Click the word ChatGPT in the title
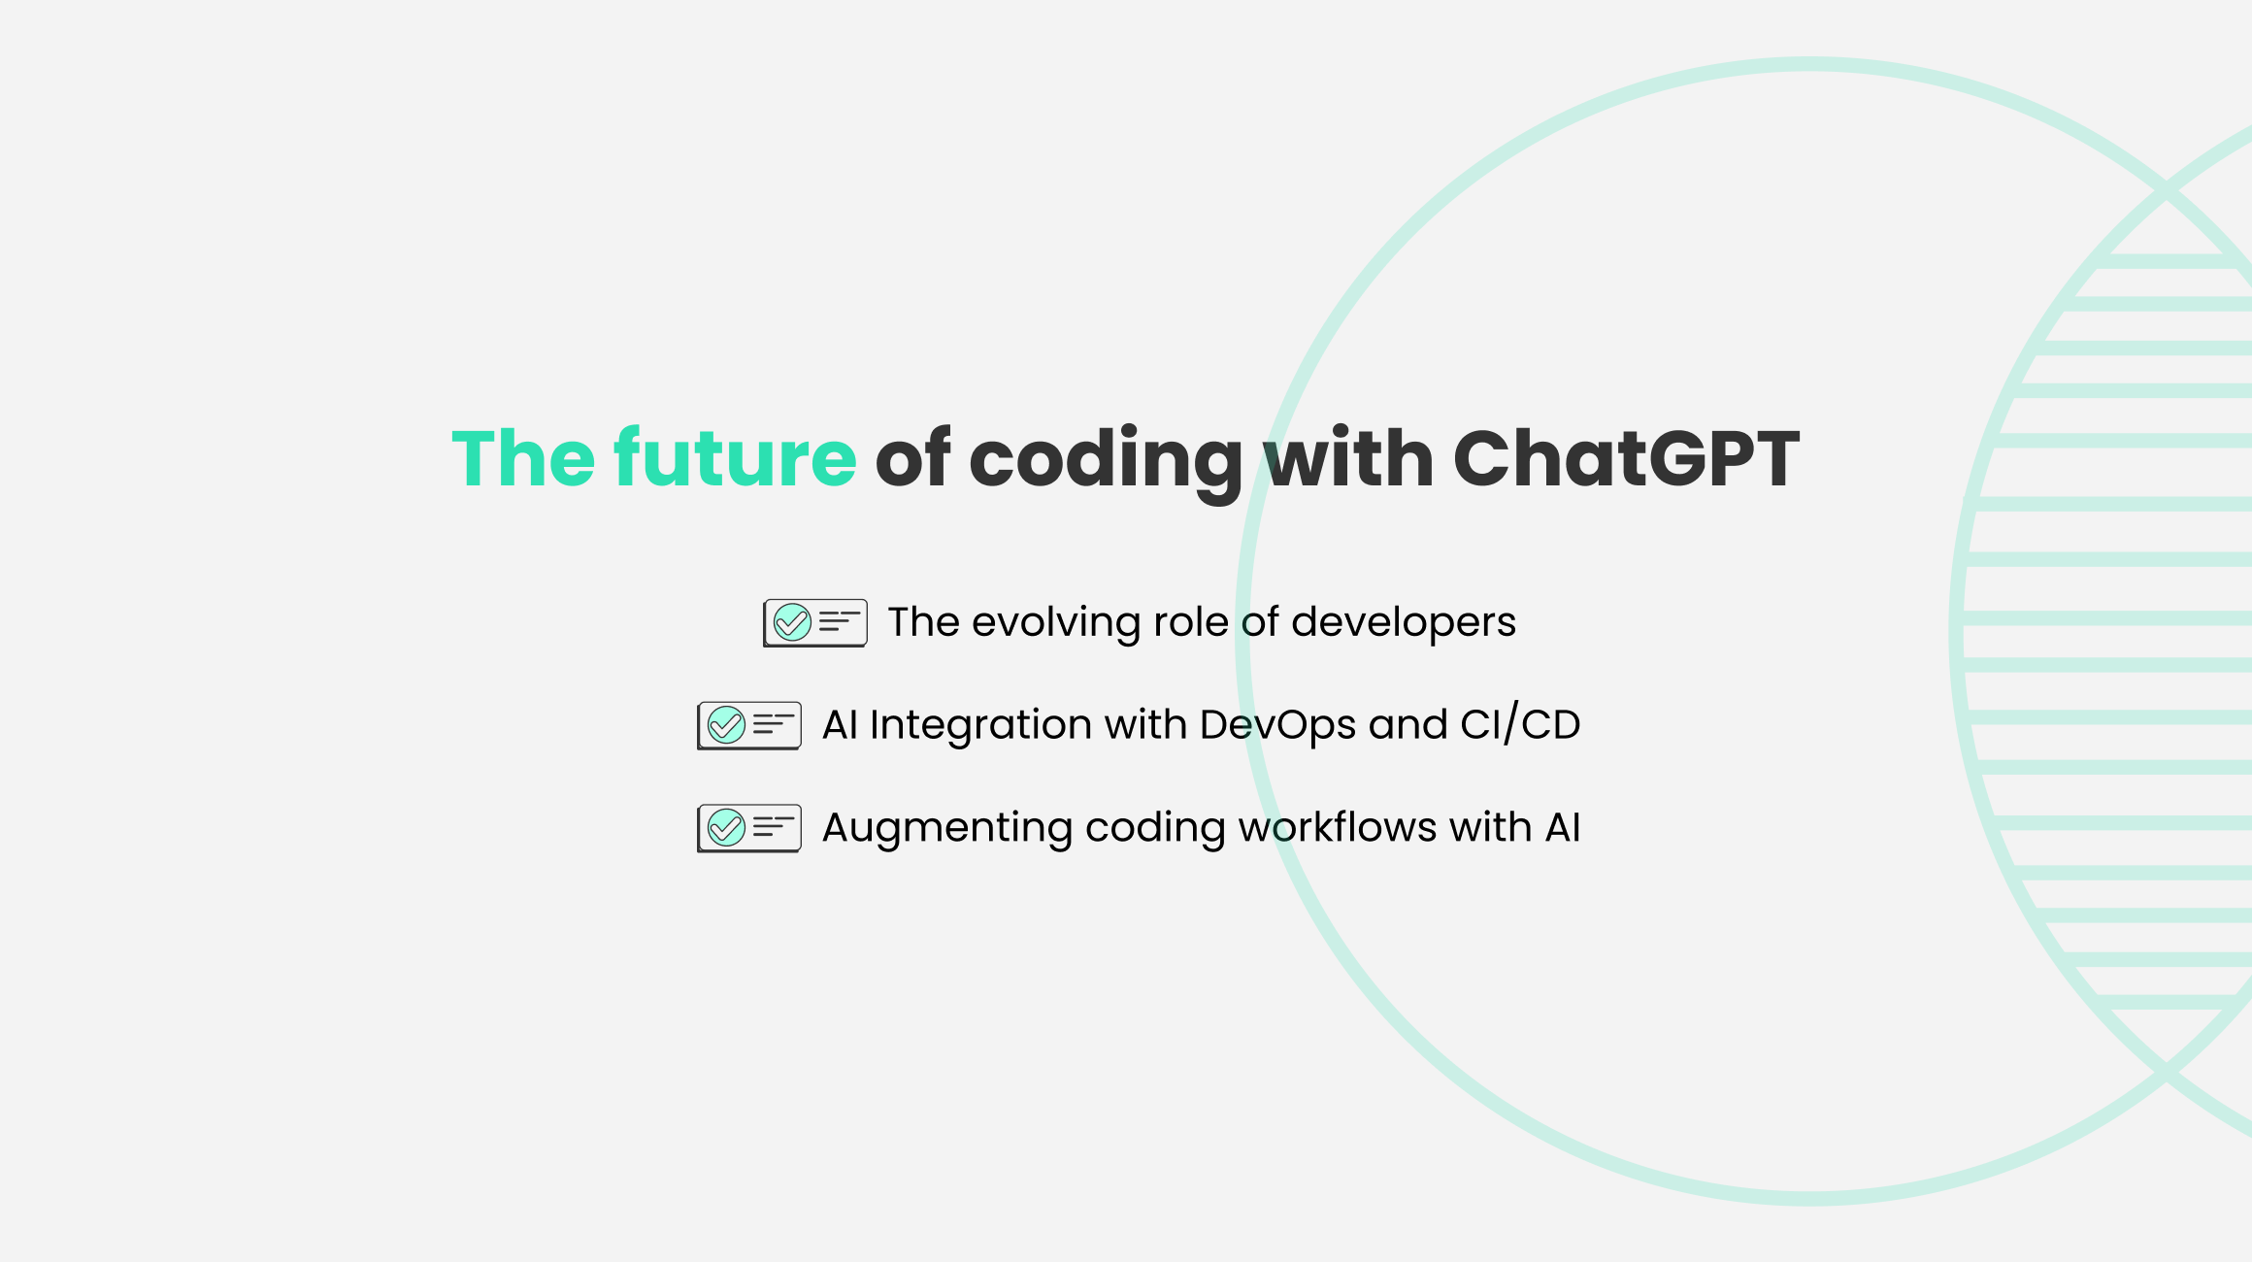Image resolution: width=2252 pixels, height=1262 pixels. [x=1626, y=457]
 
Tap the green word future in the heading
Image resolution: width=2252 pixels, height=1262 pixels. [x=735, y=457]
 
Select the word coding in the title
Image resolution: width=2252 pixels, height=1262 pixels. [x=1106, y=464]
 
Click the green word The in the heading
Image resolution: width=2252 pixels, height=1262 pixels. [x=523, y=457]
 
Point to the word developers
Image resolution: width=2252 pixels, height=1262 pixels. [x=1404, y=622]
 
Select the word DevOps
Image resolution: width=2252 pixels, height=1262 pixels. [x=1277, y=726]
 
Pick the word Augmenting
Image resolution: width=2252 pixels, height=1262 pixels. [x=947, y=829]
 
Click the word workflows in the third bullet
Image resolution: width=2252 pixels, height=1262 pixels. [x=1338, y=827]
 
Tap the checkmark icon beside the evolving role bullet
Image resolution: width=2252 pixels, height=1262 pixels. [x=815, y=623]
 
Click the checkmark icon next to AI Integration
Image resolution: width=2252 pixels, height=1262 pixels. [x=749, y=726]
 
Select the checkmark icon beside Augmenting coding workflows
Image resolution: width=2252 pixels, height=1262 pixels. [x=749, y=829]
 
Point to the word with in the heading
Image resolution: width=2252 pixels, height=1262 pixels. [x=1348, y=457]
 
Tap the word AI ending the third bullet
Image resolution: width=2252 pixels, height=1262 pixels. [x=1563, y=828]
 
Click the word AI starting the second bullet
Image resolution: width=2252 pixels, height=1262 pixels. [x=840, y=725]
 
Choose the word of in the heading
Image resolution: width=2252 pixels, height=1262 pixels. [x=912, y=457]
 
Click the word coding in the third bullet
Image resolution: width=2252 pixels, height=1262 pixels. [x=1155, y=829]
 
